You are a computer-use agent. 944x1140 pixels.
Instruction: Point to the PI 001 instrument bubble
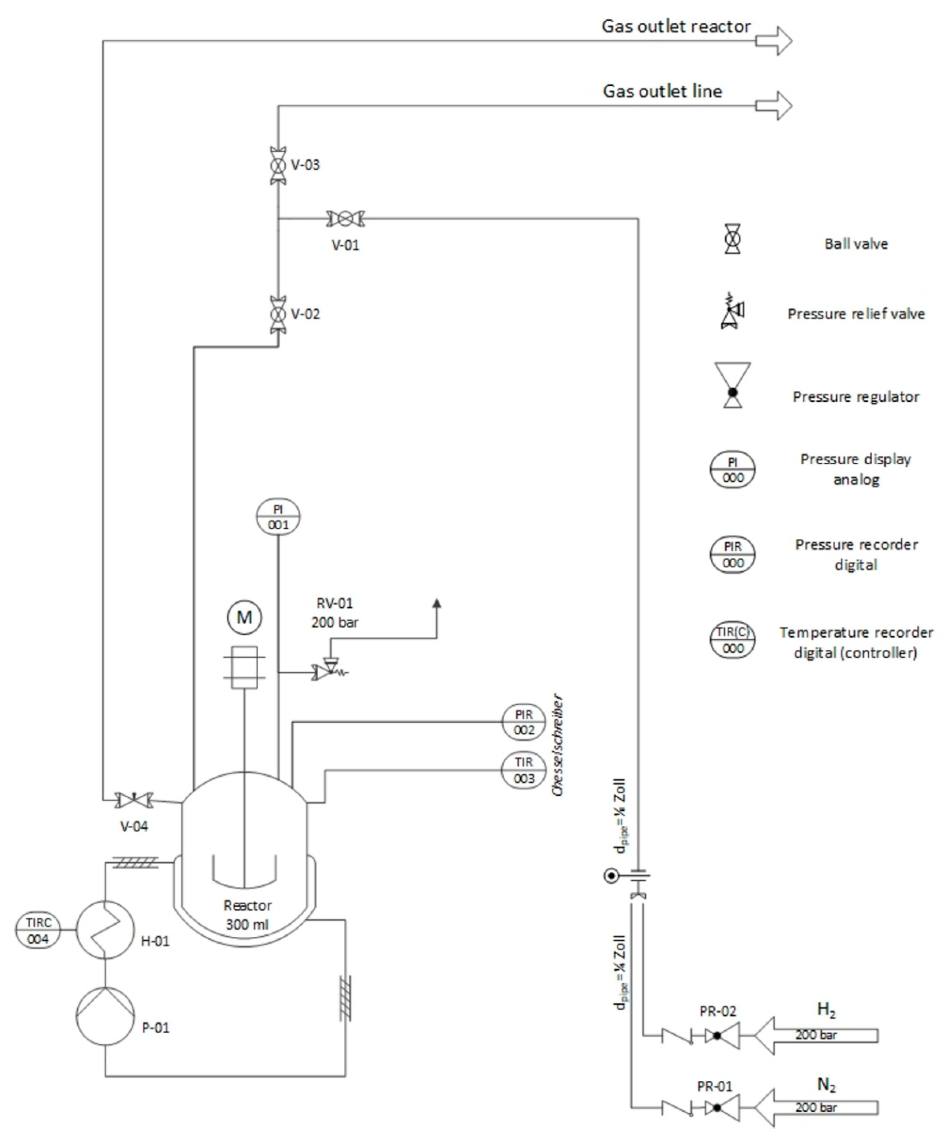tap(278, 517)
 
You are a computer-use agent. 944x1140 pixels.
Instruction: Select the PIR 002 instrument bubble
tap(523, 722)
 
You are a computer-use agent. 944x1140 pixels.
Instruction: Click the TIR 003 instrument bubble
tap(523, 770)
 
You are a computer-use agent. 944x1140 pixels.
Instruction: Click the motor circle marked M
tap(244, 617)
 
